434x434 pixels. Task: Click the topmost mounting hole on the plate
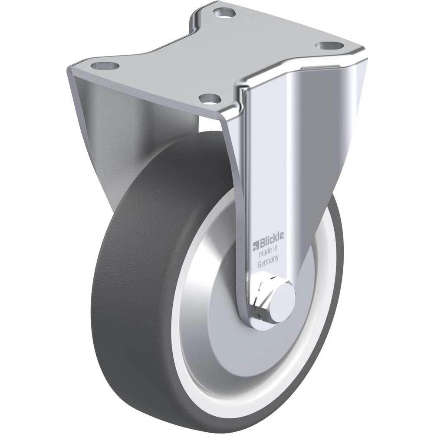(224, 13)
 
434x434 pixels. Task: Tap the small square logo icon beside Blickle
(255, 246)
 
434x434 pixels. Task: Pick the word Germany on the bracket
(268, 261)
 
